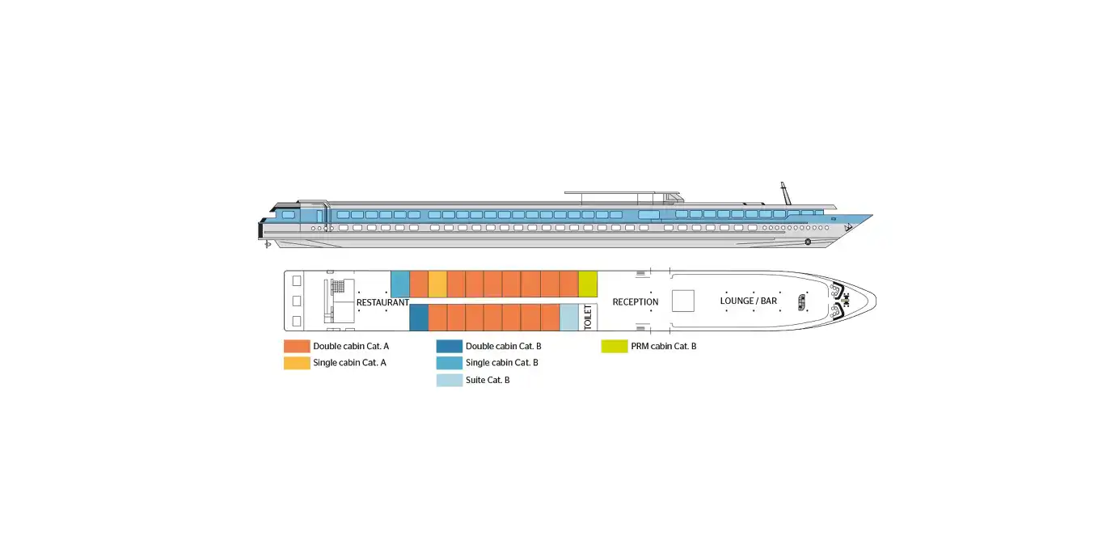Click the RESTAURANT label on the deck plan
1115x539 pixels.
(x=382, y=302)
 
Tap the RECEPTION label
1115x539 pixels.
(x=636, y=302)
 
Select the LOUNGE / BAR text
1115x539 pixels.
(x=748, y=301)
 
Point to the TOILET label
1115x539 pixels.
(x=588, y=317)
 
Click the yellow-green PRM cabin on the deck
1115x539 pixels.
(x=588, y=284)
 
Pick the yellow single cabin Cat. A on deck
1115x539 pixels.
(x=437, y=284)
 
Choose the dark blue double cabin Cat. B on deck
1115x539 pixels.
(x=419, y=318)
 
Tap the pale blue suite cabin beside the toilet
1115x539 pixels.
(x=569, y=318)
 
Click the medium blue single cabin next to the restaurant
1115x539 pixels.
(x=400, y=284)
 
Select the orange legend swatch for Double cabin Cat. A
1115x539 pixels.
(x=297, y=347)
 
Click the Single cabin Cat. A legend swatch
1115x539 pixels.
(x=297, y=363)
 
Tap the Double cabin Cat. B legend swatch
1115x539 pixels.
(x=450, y=347)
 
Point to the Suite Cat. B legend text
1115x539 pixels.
(x=488, y=381)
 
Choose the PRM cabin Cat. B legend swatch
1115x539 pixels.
(x=615, y=347)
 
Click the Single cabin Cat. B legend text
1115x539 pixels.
(x=502, y=363)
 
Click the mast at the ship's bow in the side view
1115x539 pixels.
(x=785, y=194)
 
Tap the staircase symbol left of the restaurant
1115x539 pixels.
(x=338, y=286)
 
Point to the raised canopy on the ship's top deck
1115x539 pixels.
(x=623, y=193)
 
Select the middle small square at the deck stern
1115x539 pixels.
(x=297, y=301)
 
